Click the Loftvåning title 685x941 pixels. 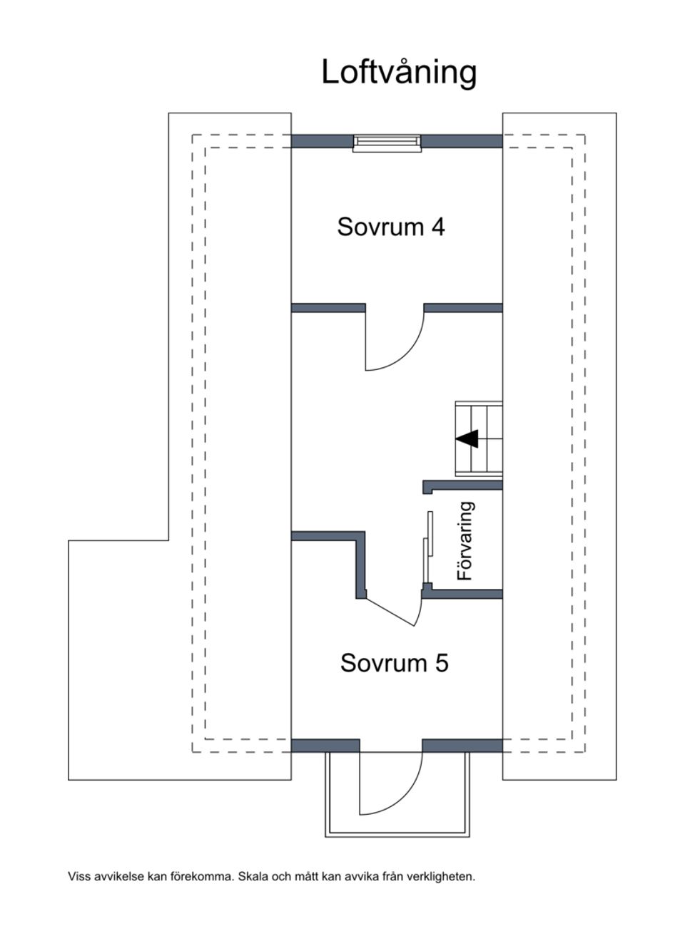[x=398, y=72]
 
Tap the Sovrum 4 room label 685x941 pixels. [x=391, y=227]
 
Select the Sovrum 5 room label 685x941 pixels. [x=394, y=663]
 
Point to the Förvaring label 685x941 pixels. [x=465, y=540]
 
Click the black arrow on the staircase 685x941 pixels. [x=468, y=439]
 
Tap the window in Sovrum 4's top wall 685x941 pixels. [x=387, y=143]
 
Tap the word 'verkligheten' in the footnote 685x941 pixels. [x=440, y=876]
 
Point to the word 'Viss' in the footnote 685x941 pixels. [x=79, y=876]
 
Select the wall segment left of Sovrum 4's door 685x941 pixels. [x=328, y=308]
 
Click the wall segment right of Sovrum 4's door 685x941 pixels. [x=463, y=308]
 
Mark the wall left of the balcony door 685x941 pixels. [x=325, y=746]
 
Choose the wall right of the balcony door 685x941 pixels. [x=462, y=746]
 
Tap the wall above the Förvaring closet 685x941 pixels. [x=464, y=485]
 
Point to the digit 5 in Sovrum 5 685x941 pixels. [x=442, y=663]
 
